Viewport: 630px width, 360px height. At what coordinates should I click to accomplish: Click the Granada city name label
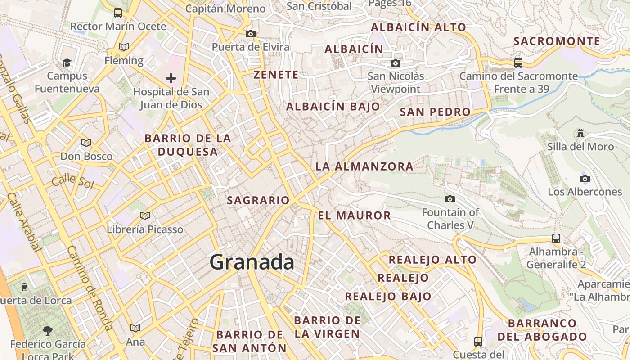pos(252,262)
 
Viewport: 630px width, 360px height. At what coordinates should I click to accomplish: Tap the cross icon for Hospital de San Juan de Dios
pos(171,78)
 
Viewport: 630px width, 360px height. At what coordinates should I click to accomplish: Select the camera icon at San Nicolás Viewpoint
pos(396,63)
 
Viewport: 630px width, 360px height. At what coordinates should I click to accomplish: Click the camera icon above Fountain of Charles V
pos(450,199)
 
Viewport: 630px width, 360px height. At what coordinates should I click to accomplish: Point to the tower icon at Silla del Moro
pos(580,133)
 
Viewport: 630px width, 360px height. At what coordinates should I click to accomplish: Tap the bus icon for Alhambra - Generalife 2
pos(556,238)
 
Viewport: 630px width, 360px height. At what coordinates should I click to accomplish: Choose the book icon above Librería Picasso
pos(144,216)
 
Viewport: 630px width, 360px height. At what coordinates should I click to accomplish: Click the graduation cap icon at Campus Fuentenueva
pos(67,63)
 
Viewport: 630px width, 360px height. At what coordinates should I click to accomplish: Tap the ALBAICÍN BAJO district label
pos(333,107)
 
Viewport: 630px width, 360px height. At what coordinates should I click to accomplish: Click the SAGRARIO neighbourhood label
pos(258,200)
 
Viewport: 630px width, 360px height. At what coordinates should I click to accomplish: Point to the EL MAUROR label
pos(354,215)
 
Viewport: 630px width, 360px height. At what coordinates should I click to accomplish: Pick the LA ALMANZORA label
pos(364,166)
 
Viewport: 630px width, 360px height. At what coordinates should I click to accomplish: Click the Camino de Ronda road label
pos(90,288)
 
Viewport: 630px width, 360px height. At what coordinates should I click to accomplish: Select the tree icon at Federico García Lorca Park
pos(47,331)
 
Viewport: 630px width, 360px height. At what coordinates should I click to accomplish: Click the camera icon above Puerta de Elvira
pos(251,34)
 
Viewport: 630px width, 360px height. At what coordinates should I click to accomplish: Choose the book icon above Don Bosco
pos(86,143)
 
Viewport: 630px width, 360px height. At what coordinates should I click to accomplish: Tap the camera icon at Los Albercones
pos(585,179)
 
